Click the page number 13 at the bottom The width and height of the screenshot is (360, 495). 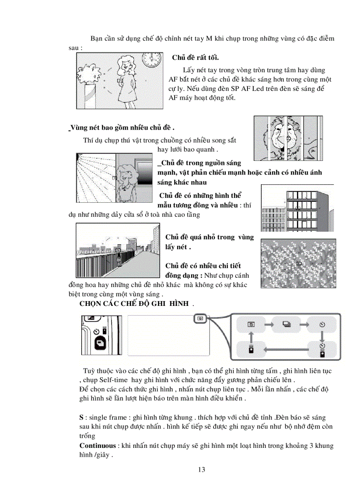click(x=202, y=469)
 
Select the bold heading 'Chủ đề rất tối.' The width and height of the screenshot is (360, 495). click(x=195, y=58)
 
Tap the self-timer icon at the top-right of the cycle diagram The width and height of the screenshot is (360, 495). click(x=322, y=325)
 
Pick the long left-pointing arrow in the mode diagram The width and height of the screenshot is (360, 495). click(x=286, y=350)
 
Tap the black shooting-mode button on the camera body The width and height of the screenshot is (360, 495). click(x=99, y=342)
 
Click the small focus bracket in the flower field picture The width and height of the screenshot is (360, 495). click(x=299, y=263)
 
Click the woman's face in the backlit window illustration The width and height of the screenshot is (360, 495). click(x=127, y=172)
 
